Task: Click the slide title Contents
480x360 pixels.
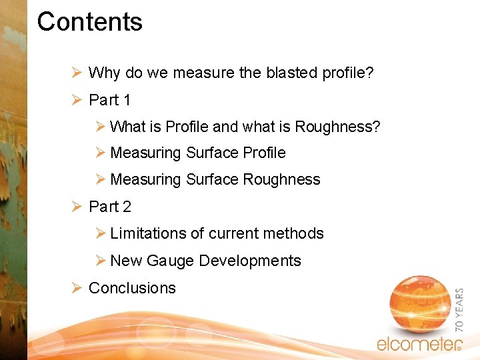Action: [89, 22]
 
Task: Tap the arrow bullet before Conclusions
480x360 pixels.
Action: [77, 288]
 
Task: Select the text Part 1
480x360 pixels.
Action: [109, 100]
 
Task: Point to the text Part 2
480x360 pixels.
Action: [109, 207]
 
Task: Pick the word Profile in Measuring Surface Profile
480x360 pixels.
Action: [264, 153]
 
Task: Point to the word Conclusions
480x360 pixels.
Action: [132, 288]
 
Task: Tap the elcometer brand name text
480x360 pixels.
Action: [418, 344]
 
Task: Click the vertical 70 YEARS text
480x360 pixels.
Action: [459, 311]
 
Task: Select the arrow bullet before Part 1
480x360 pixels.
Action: [77, 100]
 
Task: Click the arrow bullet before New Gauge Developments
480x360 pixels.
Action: [100, 261]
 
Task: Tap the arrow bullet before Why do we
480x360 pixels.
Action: [77, 73]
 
